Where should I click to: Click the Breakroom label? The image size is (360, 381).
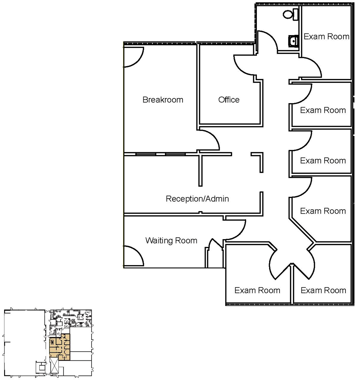point(163,100)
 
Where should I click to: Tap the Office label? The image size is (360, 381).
point(229,100)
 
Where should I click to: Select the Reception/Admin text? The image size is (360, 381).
point(197,198)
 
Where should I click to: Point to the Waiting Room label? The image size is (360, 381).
point(171,241)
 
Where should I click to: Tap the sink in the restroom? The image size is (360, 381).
point(293,41)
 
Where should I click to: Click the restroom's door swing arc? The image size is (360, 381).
point(268,41)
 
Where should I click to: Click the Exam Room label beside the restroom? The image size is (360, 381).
point(326,37)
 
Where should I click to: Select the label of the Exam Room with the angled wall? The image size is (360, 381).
point(323,211)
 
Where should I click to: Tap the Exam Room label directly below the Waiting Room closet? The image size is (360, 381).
point(257,290)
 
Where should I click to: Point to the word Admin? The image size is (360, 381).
point(216,198)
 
